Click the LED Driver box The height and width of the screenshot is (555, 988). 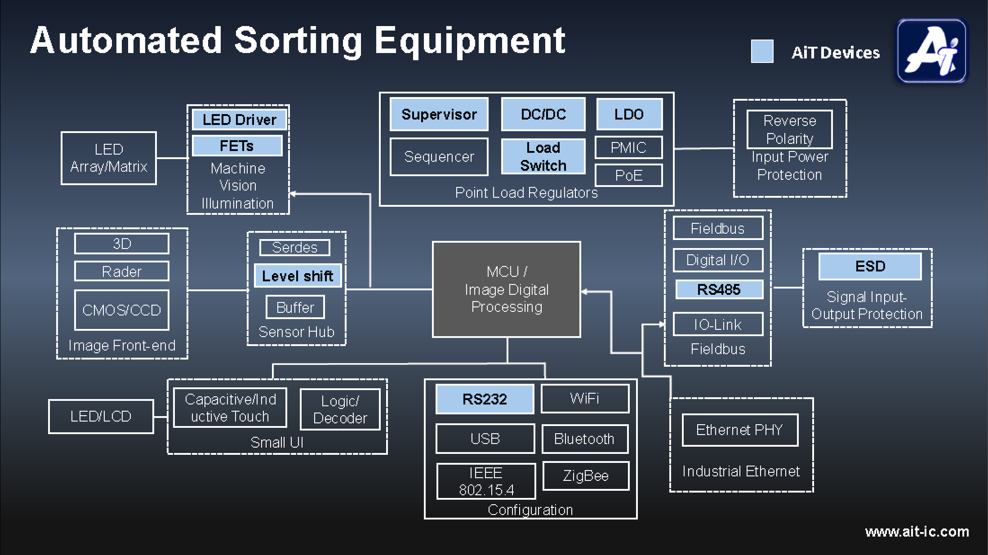click(239, 120)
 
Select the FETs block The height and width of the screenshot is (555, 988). click(237, 146)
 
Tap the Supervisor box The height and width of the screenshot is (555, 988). click(439, 114)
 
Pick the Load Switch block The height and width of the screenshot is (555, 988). click(543, 156)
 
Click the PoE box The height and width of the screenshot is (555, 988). click(628, 175)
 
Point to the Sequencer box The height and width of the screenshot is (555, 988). click(439, 157)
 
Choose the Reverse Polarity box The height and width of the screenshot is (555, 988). click(789, 129)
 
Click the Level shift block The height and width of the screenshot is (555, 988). click(298, 275)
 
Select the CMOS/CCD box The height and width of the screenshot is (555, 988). click(121, 310)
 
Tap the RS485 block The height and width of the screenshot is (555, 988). click(719, 289)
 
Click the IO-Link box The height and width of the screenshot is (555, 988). click(717, 324)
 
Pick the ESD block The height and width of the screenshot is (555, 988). click(870, 266)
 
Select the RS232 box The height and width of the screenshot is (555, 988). click(485, 399)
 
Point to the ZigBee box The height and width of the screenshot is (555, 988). click(585, 475)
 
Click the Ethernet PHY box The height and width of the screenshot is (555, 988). click(739, 430)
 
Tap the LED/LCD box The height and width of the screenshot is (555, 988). click(101, 417)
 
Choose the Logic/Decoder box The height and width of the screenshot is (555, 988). click(340, 409)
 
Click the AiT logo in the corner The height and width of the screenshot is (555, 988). click(931, 51)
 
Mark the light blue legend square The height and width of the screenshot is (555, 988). click(762, 51)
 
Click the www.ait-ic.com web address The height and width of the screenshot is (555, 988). click(917, 532)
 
